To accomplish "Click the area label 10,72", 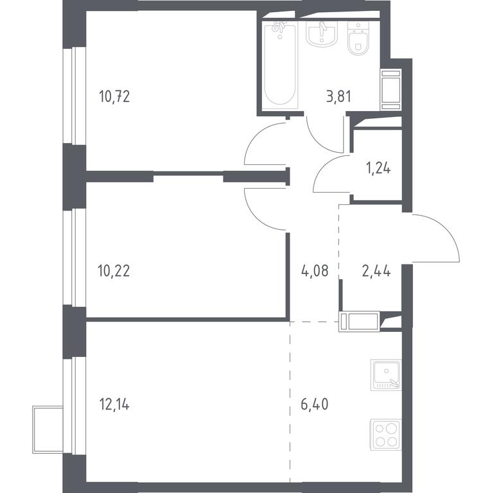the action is [x=114, y=96].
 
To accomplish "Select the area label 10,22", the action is [x=114, y=271].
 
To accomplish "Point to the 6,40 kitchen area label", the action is [x=315, y=404].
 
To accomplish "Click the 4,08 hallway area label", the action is [x=315, y=271].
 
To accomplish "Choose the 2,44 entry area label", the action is [x=376, y=271].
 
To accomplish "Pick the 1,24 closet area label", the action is [x=378, y=169].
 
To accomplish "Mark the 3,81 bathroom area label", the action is [x=338, y=96].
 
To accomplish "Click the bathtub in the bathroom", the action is [x=279, y=65].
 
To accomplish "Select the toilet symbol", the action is [x=358, y=38].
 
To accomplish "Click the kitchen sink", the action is [x=386, y=375].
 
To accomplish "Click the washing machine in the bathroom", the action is [x=391, y=90].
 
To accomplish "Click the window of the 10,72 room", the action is [x=75, y=96].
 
